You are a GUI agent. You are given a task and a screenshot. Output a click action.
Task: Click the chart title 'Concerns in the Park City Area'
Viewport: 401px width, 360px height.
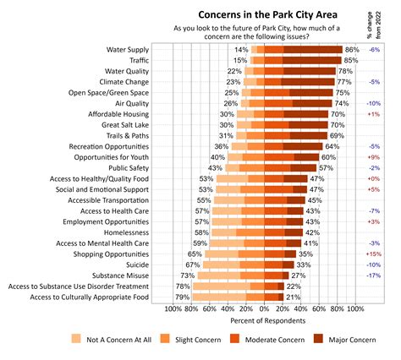[267, 14]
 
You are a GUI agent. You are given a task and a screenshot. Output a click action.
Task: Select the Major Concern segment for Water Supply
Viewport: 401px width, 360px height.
[313, 50]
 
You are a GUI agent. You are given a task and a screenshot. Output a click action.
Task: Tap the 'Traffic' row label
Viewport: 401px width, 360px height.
[139, 60]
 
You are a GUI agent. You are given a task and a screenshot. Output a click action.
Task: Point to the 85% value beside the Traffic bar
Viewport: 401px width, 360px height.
[351, 60]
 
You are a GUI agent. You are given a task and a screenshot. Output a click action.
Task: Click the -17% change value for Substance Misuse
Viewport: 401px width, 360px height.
[373, 275]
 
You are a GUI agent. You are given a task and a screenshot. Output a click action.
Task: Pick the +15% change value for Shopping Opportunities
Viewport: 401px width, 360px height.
[374, 254]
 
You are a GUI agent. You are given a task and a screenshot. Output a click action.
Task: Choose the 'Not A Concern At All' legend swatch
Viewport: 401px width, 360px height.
[76, 339]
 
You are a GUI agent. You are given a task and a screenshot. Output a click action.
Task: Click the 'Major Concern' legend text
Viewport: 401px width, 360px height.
[352, 340]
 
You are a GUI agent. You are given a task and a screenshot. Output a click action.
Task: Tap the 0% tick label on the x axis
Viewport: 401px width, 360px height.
[264, 309]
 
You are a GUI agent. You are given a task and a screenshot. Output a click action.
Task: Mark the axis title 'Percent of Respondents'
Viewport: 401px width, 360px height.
[268, 321]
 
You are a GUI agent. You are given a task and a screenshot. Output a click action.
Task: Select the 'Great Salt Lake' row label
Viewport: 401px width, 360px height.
[125, 125]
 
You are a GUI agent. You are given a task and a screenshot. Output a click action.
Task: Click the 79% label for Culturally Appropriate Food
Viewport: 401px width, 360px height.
[182, 297]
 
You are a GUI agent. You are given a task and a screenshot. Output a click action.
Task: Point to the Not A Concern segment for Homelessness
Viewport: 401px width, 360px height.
[224, 232]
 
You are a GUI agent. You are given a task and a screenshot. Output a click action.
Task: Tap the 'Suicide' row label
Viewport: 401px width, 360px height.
[137, 265]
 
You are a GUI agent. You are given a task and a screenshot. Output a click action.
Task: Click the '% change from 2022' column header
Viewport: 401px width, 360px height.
[374, 25]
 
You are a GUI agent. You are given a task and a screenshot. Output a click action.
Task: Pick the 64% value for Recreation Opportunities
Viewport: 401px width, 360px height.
[332, 146]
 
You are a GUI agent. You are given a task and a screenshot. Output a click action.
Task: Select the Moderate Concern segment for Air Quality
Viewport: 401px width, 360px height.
[278, 103]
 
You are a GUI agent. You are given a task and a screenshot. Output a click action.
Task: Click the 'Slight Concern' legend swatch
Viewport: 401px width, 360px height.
[165, 339]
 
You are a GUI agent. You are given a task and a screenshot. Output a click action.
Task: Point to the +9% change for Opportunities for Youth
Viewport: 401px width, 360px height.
[374, 157]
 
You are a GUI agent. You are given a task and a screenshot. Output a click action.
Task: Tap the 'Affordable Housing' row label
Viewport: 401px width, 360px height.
[118, 114]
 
